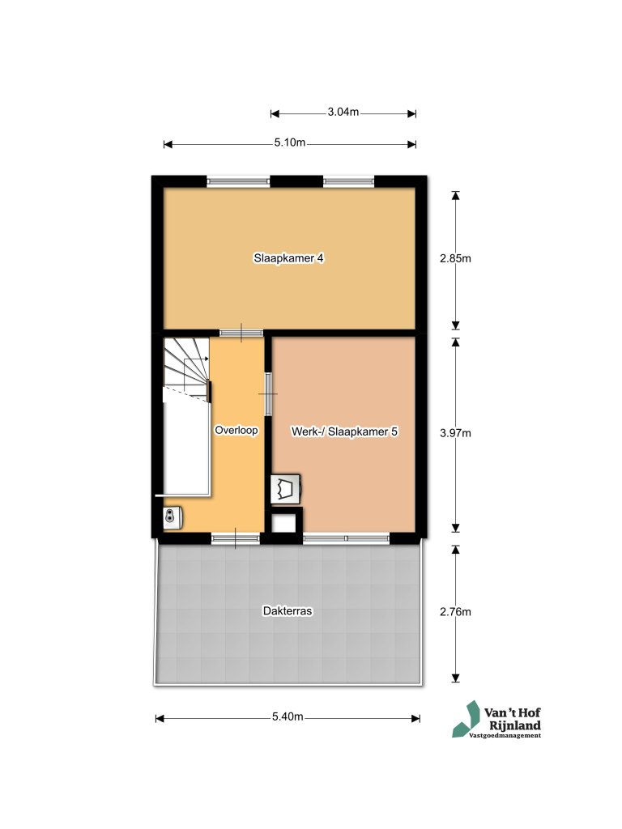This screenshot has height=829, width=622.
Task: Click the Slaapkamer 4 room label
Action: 288,258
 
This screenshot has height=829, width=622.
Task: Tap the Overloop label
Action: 236,431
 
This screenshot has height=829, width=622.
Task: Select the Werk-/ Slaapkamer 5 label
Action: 344,432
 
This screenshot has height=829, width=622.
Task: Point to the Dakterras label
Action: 288,610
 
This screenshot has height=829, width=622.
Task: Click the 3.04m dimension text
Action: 343,112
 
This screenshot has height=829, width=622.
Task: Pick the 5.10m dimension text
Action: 290,142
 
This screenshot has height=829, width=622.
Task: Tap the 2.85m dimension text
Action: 455,258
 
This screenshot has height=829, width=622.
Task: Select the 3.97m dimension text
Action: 455,433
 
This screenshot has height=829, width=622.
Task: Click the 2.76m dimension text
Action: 455,612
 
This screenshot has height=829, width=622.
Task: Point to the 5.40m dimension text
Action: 288,717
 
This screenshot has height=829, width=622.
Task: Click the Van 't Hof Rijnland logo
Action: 496,719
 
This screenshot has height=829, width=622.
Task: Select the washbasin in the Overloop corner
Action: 173,517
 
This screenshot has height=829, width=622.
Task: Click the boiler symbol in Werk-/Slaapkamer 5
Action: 286,488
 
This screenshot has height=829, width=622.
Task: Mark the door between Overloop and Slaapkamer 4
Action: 241,333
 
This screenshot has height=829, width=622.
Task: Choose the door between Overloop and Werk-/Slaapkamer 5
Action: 268,394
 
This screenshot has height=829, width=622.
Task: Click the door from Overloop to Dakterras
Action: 236,538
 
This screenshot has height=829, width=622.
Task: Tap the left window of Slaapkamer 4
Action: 238,181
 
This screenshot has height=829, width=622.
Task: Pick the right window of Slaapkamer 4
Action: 349,181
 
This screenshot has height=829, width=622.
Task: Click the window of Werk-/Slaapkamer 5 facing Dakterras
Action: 347,538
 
